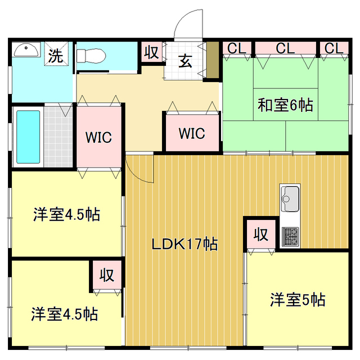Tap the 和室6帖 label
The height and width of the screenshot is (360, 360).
click(x=285, y=105)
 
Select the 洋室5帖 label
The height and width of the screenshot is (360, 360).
click(x=297, y=299)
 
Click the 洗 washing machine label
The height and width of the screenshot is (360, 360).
click(x=55, y=55)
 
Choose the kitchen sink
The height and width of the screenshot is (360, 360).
click(x=290, y=198)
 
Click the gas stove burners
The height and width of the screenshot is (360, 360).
click(x=290, y=236)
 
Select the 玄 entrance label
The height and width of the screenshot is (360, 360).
click(x=185, y=61)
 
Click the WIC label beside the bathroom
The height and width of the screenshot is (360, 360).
click(x=98, y=137)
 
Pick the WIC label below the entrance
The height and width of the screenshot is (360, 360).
click(x=191, y=133)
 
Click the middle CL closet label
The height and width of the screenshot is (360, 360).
click(x=285, y=49)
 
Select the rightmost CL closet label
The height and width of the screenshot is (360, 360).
click(x=333, y=49)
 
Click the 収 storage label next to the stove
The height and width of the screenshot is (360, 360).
click(x=260, y=233)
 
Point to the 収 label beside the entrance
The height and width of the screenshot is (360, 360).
click(x=151, y=53)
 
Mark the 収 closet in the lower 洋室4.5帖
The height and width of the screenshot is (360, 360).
click(x=107, y=275)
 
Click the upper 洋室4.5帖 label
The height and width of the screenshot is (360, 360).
click(x=66, y=214)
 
